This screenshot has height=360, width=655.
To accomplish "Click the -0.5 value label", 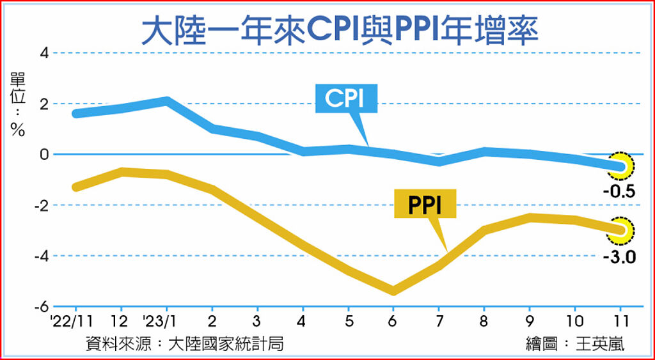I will click(x=618, y=190).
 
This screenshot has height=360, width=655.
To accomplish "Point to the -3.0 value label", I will click(x=618, y=259).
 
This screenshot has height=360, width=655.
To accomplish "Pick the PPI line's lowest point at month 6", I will click(x=393, y=291).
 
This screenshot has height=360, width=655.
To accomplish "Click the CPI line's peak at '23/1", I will click(x=166, y=100).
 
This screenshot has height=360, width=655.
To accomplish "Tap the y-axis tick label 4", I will click(x=44, y=52).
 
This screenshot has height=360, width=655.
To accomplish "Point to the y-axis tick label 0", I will click(x=44, y=154).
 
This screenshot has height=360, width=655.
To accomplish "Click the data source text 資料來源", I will click(x=118, y=343).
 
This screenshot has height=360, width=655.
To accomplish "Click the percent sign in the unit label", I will click(x=17, y=130).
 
